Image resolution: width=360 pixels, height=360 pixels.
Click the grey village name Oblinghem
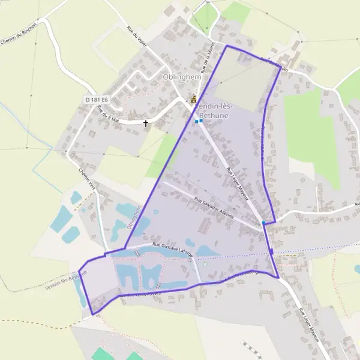coord(179,77)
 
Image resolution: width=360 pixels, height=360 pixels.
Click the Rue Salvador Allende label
coord(215,206)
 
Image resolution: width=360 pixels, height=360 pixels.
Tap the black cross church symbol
coord(146,124)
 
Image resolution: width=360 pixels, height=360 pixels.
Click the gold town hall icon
coord(193,100)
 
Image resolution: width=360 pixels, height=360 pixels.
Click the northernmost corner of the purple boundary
coord(227,45)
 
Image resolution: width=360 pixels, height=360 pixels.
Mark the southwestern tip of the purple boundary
coord(92,314)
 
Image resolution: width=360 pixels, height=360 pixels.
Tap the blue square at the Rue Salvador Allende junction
coord(263,223)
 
